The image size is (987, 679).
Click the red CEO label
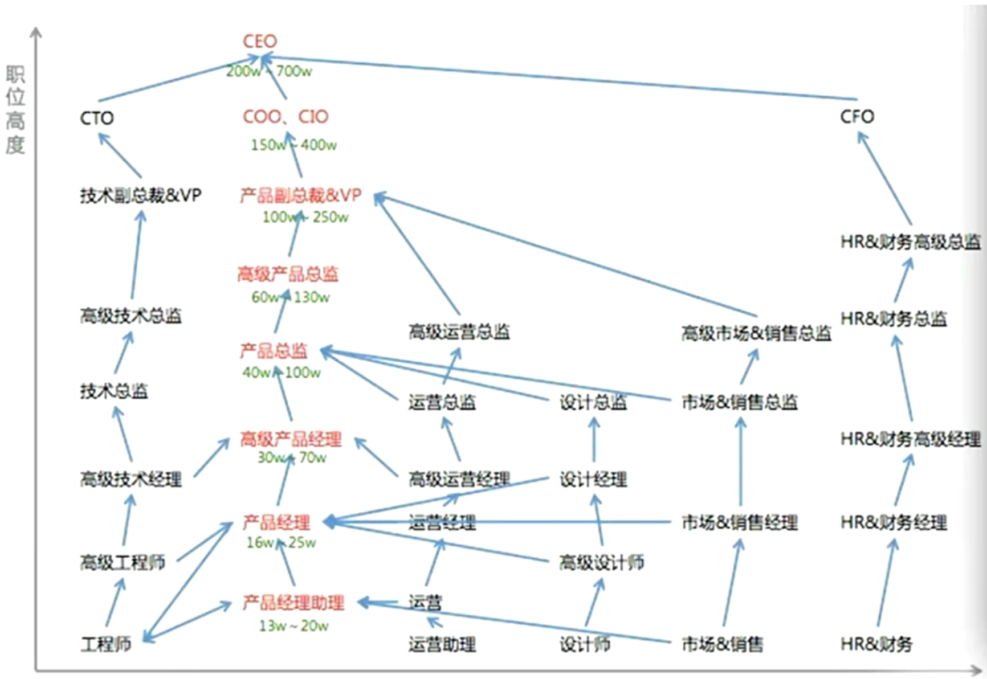point(260,42)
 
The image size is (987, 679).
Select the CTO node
point(97,118)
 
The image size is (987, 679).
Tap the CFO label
point(857,117)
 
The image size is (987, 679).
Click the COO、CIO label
point(286,117)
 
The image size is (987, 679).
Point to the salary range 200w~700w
point(269,72)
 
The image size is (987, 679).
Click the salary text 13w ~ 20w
point(293,625)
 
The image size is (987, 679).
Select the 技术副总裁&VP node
point(140,196)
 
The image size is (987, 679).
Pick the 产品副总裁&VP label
point(300,196)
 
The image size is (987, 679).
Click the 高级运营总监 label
point(459,332)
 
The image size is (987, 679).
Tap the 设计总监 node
point(593,403)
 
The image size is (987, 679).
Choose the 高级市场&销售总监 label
point(756,333)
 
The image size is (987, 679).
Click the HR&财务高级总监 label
point(910,243)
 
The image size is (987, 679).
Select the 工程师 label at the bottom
point(106,644)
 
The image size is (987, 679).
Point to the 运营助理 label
point(442,645)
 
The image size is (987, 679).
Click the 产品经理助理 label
point(293,603)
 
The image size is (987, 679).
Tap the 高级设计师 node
point(601,563)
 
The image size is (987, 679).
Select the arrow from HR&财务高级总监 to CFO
point(884,178)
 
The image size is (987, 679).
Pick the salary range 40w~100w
point(282,373)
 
